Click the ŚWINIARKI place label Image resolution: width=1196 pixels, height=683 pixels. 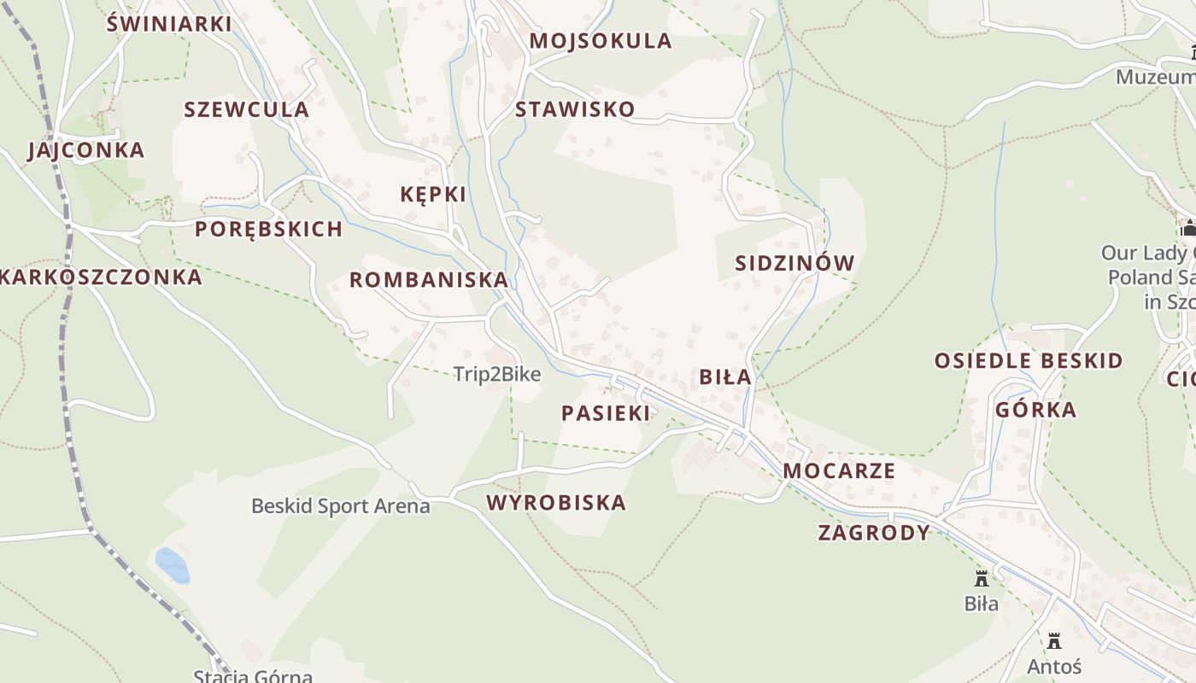[169, 23]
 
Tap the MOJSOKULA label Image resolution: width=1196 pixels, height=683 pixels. [601, 41]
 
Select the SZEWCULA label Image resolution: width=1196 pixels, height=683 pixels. [247, 109]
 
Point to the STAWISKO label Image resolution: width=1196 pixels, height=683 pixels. [575, 109]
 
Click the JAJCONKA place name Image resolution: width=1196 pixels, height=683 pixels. [86, 150]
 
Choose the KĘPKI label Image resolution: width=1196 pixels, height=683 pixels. [433, 195]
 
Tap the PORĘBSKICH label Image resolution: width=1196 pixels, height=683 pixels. [268, 229]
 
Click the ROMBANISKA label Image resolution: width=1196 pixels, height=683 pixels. [429, 280]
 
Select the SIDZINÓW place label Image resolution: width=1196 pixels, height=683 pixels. [794, 263]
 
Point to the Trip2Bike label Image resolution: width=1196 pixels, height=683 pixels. [496, 374]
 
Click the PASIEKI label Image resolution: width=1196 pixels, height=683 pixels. [606, 413]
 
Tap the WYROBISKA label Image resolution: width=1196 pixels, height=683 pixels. [557, 502]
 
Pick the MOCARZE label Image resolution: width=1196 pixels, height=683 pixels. [839, 470]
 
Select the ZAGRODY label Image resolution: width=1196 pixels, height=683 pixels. [874, 533]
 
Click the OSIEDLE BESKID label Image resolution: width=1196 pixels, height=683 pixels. [1029, 360]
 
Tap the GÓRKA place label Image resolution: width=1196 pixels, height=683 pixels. [1036, 410]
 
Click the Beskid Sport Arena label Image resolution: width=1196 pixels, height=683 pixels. [340, 506]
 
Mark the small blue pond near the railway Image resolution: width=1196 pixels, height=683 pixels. [172, 565]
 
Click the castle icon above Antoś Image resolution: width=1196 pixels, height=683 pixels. [1054, 640]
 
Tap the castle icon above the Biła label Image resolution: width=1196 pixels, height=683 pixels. [982, 578]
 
